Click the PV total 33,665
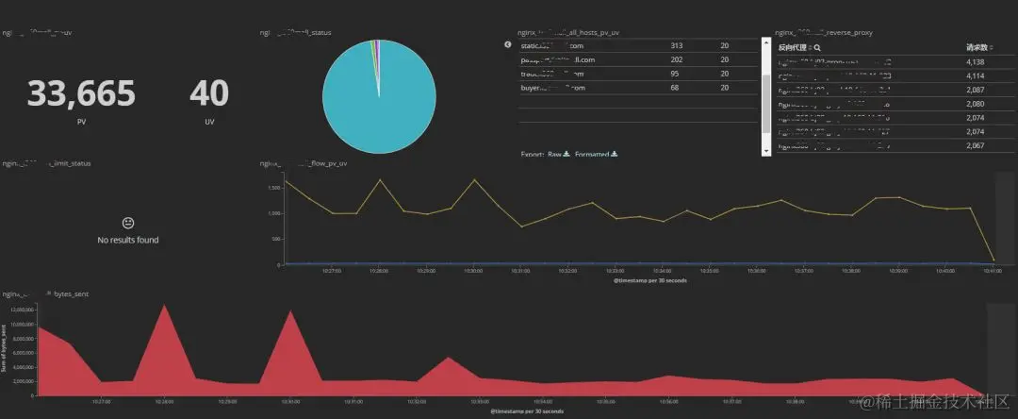81,94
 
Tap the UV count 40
208,94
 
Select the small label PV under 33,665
81,122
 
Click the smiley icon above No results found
128,223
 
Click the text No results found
128,240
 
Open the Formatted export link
592,154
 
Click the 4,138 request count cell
976,61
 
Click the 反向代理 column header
795,46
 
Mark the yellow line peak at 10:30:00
474,179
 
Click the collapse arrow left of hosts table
508,44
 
